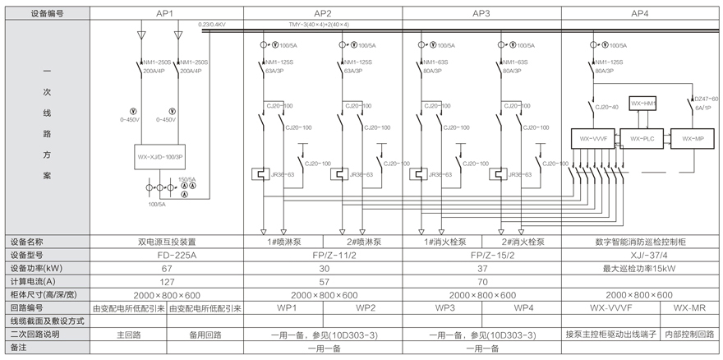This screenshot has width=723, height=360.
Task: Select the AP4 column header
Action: point(639,13)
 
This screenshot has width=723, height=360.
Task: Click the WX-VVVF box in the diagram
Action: point(593,139)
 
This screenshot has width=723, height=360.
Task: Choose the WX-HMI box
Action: point(643,103)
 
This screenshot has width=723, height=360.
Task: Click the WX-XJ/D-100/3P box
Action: point(166,155)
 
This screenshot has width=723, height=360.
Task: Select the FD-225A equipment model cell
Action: point(167,255)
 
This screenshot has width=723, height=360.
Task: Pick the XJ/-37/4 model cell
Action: point(639,255)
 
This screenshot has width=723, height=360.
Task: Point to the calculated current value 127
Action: point(167,281)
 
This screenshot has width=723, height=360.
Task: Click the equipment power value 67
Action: point(167,268)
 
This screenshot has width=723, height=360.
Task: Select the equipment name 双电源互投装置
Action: point(167,242)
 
